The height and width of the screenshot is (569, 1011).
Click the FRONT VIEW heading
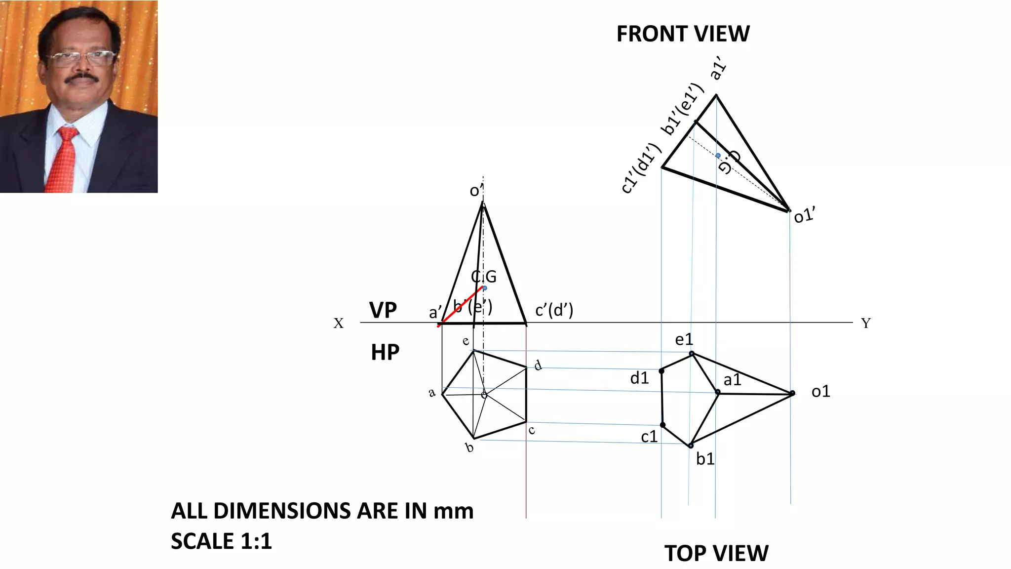(683, 34)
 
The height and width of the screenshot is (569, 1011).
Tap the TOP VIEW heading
(716, 553)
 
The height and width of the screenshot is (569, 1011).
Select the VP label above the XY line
(383, 310)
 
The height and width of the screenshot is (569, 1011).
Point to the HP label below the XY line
(385, 353)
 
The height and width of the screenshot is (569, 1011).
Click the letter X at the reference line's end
(338, 324)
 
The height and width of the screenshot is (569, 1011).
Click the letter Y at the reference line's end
(866, 323)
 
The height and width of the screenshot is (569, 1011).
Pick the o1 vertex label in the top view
(820, 392)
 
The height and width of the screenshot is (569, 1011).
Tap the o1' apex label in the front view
(804, 215)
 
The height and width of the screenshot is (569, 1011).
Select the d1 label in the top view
(639, 378)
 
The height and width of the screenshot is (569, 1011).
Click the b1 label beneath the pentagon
(705, 459)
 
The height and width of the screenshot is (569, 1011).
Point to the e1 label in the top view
(684, 339)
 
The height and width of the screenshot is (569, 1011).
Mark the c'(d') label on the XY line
(554, 310)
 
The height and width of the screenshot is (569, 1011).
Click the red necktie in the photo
(63, 158)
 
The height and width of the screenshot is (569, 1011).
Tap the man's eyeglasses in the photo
(81, 59)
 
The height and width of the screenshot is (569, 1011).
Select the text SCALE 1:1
(221, 541)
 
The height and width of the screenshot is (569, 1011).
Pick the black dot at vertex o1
(792, 393)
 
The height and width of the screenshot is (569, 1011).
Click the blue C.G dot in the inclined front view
(718, 155)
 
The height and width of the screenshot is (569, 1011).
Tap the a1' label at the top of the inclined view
(719, 68)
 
